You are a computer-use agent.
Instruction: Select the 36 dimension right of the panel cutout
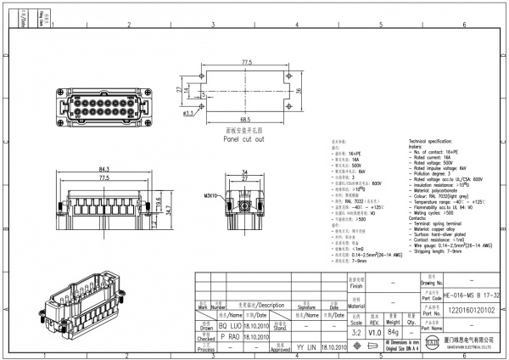(299, 89)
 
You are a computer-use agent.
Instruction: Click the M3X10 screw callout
(209, 194)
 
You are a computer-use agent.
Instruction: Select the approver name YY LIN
(306, 348)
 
